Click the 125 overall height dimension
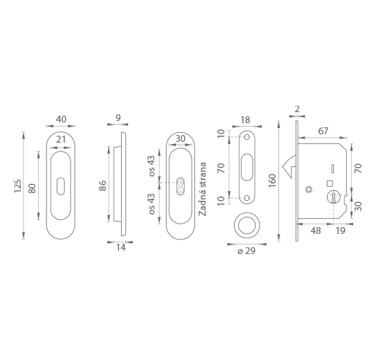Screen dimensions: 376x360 click(17, 186)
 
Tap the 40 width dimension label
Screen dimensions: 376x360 click(61, 119)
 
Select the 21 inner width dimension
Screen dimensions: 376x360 click(61, 139)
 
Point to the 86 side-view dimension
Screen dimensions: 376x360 click(102, 186)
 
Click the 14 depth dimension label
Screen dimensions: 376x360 click(121, 247)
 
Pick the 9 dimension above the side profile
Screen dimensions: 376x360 click(118, 118)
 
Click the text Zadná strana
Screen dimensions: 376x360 click(203, 189)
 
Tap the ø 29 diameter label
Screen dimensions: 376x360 click(247, 251)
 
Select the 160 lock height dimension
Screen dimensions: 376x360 click(273, 181)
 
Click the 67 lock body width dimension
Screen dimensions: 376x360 click(323, 131)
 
